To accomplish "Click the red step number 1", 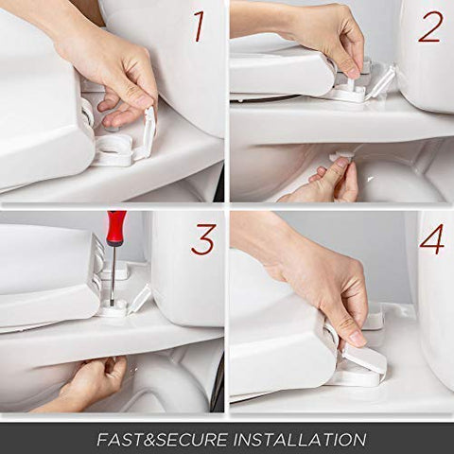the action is pos(199,26).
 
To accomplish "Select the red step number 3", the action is pos(203,239).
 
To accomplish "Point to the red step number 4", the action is pos(432,239).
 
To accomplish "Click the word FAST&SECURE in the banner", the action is pos(162,439).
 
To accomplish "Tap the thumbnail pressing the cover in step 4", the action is pos(357,338).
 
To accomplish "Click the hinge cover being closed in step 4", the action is pos(365,358).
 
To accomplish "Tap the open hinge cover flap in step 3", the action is pos(139,300).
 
